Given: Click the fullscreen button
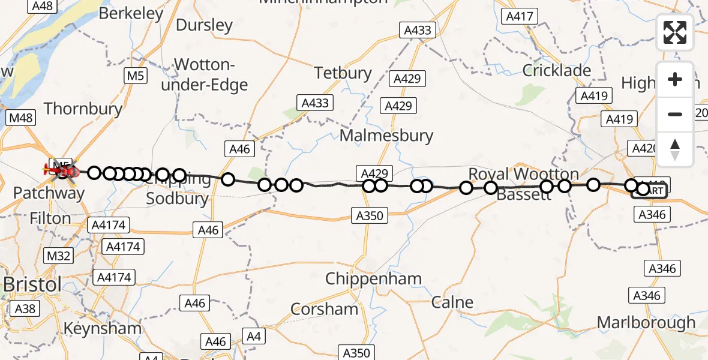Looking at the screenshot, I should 675,32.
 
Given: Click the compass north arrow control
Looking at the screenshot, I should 675,149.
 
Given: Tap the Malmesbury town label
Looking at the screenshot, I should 386,135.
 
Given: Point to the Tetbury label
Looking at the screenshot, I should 343,73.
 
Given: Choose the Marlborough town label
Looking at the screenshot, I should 646,323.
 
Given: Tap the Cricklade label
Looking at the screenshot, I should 557,70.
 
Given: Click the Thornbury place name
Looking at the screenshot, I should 83,109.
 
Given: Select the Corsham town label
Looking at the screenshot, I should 324,309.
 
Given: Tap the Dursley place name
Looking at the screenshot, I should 204,25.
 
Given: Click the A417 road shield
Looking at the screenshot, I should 520,17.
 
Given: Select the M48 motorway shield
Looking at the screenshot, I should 20,118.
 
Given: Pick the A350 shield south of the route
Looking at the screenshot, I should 369,215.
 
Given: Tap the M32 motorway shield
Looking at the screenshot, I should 58,256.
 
